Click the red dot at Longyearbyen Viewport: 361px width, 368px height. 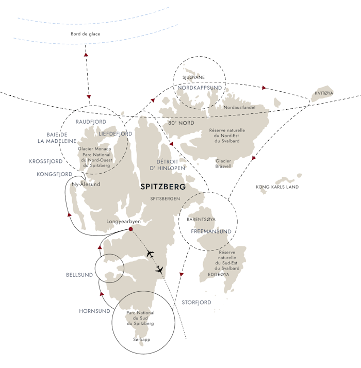(x=130, y=229)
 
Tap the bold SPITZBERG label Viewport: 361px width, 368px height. (x=163, y=187)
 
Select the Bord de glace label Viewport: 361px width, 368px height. (x=86, y=34)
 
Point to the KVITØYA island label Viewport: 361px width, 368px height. (x=324, y=93)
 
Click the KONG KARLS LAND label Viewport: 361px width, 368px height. (x=277, y=187)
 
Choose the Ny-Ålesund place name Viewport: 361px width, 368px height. (x=86, y=184)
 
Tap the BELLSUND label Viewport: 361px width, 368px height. (x=79, y=275)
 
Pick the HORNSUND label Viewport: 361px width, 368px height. (x=94, y=311)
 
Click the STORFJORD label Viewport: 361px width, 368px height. (x=196, y=303)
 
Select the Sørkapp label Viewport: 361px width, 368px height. (x=141, y=340)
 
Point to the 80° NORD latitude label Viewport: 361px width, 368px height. (x=181, y=123)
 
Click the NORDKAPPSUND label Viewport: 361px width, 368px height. (x=200, y=88)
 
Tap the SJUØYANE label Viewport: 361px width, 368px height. (x=193, y=77)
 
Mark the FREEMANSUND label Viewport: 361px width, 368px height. (x=211, y=231)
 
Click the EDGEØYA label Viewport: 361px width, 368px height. (x=219, y=274)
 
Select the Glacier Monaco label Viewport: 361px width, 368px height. (x=94, y=149)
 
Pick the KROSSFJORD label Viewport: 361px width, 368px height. (x=46, y=161)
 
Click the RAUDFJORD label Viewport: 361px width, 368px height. (x=91, y=122)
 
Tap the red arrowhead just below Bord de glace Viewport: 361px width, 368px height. (x=86, y=55)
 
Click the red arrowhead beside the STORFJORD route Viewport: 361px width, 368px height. (x=182, y=274)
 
